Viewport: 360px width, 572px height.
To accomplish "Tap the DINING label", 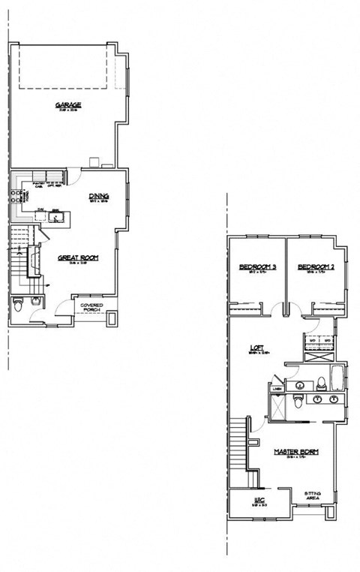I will pyautogui.click(x=99, y=197).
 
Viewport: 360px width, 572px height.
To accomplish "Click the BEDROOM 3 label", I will pyautogui.click(x=257, y=267).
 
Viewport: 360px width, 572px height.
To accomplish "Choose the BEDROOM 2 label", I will pyautogui.click(x=315, y=267).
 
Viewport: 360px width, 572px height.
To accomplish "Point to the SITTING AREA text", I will pyautogui.click(x=313, y=496).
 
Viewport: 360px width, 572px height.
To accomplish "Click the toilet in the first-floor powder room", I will pyautogui.click(x=19, y=304).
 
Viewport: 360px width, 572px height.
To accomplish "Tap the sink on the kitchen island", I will pyautogui.click(x=55, y=217).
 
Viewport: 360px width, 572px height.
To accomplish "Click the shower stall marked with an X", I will pyautogui.click(x=277, y=407).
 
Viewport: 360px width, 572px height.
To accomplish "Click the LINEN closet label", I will pyautogui.click(x=277, y=388).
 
